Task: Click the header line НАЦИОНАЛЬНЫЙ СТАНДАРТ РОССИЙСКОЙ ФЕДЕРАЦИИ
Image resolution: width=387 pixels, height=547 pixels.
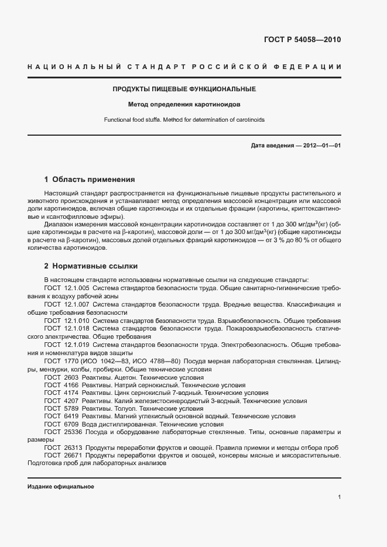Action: (x=184, y=68)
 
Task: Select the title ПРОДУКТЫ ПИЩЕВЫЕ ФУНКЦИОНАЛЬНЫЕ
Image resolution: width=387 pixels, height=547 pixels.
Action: (x=184, y=90)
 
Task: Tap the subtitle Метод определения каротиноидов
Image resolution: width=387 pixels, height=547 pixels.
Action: (x=184, y=105)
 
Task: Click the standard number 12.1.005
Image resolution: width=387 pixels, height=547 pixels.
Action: (x=77, y=288)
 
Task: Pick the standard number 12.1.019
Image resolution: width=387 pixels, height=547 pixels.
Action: (x=77, y=345)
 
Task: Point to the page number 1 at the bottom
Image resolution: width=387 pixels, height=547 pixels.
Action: (x=339, y=497)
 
